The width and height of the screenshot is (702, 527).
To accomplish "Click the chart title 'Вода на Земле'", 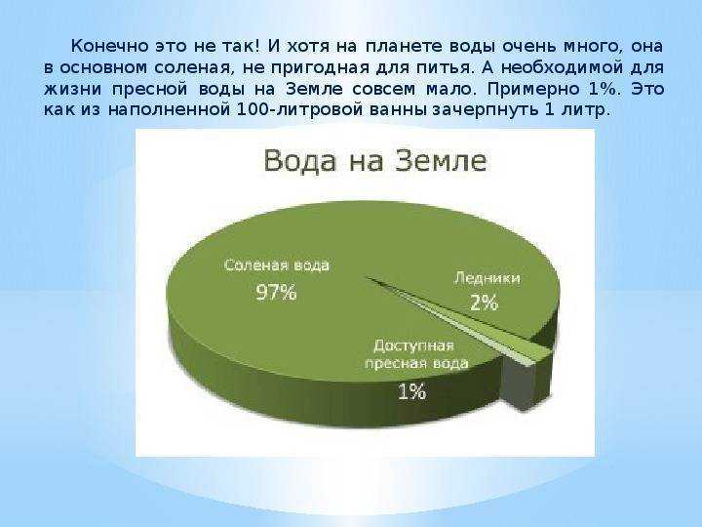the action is [x=375, y=160].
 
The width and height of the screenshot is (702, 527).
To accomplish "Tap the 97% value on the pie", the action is [x=276, y=292].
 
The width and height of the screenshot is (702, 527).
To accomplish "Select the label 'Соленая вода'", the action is [x=277, y=264].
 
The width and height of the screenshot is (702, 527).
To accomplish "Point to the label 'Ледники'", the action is [x=487, y=278].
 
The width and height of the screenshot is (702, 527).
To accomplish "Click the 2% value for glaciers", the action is [x=484, y=303].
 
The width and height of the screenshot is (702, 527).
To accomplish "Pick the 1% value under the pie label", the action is [x=411, y=392].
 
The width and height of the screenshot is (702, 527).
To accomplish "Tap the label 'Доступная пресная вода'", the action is [x=416, y=354].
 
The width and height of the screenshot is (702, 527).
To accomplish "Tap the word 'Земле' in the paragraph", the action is [x=314, y=89].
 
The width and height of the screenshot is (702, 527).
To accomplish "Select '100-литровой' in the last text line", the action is [x=298, y=109].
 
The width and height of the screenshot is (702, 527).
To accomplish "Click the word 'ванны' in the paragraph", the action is [x=399, y=110].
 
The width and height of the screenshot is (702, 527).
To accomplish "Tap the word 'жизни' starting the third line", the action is [x=72, y=89].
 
